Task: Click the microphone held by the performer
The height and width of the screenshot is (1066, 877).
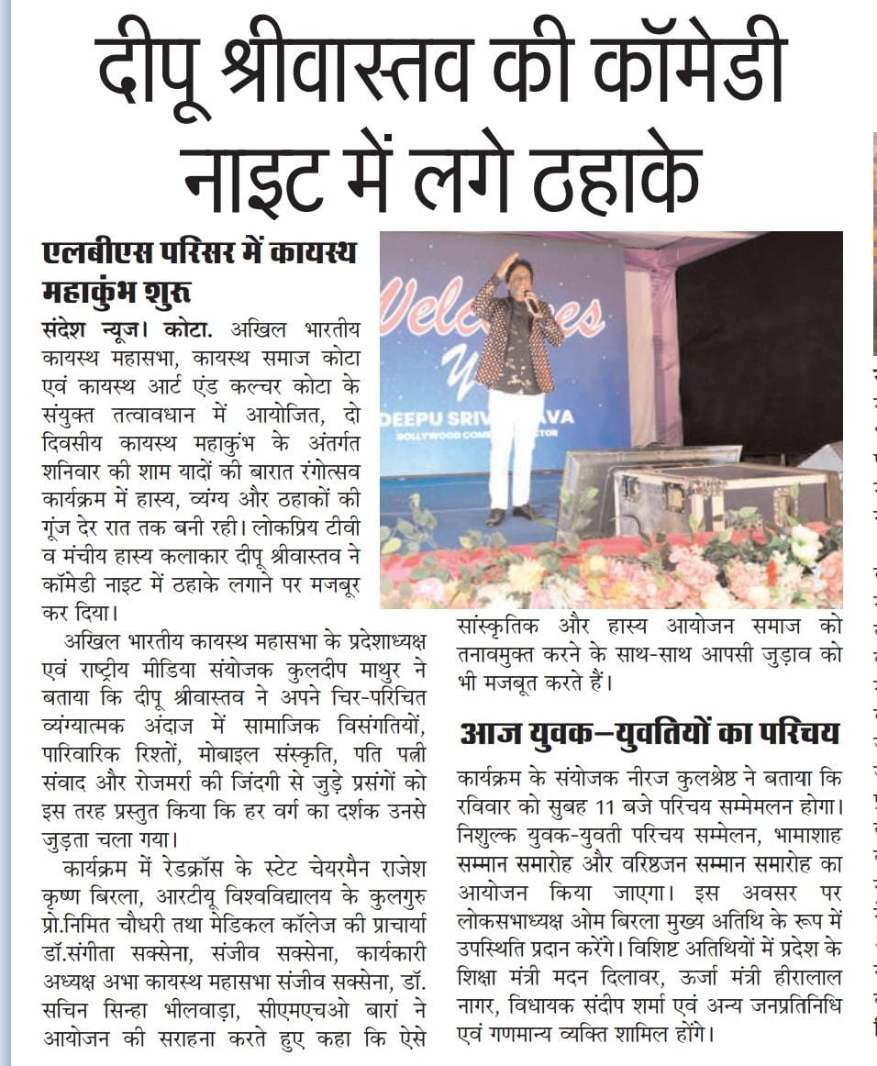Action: point(531,300)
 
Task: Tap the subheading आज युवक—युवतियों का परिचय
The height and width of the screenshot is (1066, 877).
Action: point(649,734)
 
